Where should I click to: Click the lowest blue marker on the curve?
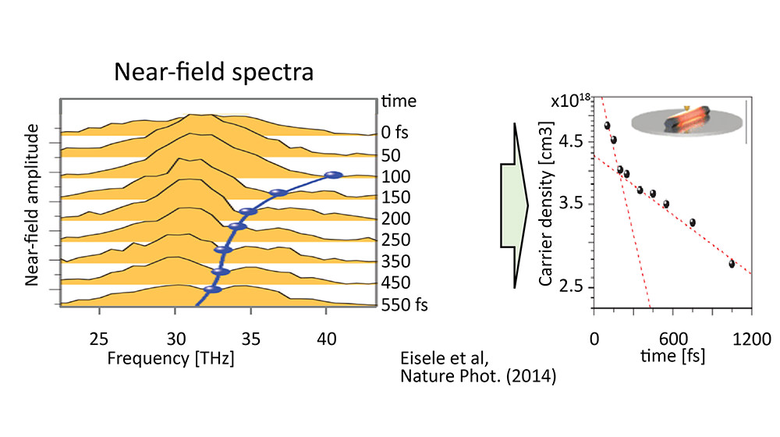point(212,290)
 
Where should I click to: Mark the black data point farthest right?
point(732,264)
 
